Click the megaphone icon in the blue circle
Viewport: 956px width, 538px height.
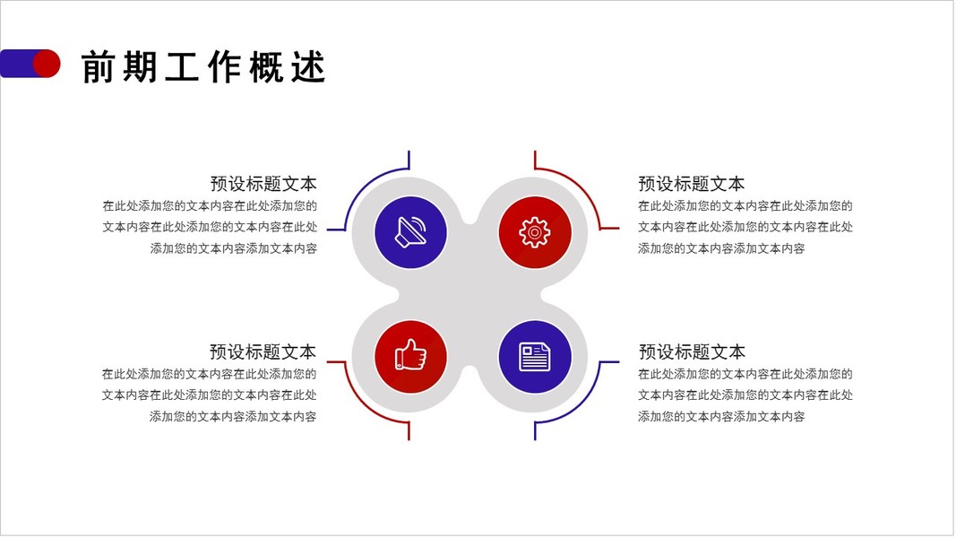410,232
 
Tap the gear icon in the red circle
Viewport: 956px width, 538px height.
534,232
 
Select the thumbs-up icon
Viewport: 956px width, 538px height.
410,356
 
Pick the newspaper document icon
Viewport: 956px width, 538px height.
534,356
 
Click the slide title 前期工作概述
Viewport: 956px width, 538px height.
203,67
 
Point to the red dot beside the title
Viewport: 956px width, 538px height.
47,64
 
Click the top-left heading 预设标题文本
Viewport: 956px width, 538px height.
263,184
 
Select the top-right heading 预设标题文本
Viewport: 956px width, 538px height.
691,184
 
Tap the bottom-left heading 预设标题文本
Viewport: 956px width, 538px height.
263,351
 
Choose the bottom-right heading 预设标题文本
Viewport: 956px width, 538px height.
691,351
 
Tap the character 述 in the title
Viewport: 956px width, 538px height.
309,67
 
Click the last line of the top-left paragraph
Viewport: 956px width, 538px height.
233,248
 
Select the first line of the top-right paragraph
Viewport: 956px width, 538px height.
745,205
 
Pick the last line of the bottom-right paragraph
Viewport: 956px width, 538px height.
721,416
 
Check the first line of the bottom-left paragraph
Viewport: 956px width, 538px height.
209,374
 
